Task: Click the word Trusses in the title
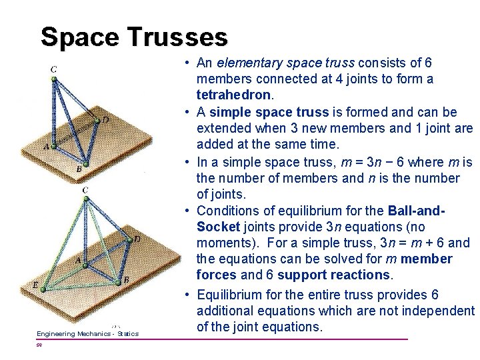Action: (x=178, y=37)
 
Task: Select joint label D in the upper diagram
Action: (x=105, y=119)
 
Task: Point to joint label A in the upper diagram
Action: (x=46, y=146)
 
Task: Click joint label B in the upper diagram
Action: (x=79, y=169)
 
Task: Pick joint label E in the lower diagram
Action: (x=35, y=285)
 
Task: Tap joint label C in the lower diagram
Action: (x=85, y=190)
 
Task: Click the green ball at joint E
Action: (x=43, y=290)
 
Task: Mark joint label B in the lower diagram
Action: (x=126, y=281)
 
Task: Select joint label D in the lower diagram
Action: (x=137, y=239)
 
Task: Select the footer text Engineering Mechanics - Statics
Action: (x=87, y=333)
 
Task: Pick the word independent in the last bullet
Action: (x=437, y=311)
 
